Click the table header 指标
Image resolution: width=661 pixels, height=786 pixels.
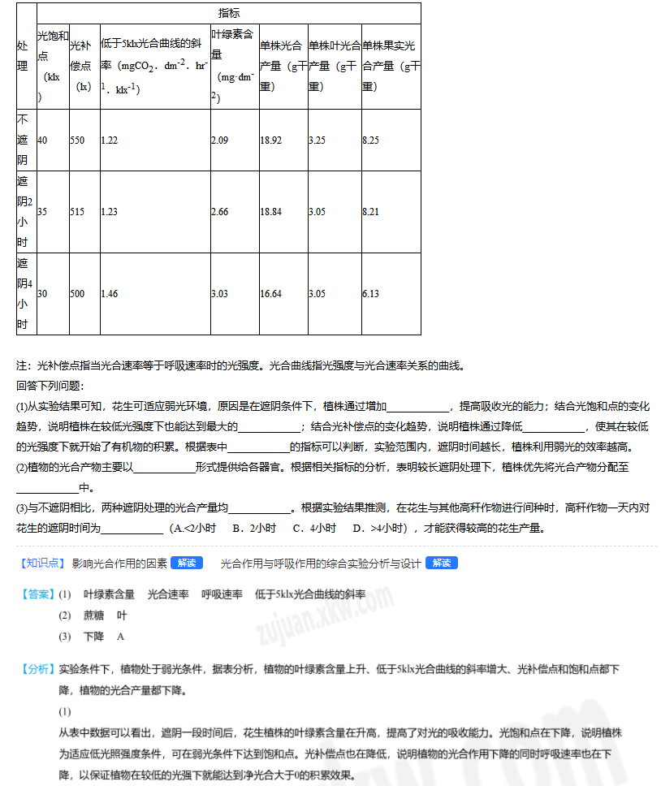point(229,13)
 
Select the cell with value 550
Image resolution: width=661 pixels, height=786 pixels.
point(77,140)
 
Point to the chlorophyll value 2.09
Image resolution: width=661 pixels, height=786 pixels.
point(219,140)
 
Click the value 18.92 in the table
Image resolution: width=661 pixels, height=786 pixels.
point(271,140)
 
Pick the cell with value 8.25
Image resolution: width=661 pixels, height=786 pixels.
point(370,140)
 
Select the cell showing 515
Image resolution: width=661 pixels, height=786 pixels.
point(77,212)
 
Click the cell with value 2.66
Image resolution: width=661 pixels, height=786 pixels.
point(219,212)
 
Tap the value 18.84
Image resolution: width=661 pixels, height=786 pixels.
point(271,212)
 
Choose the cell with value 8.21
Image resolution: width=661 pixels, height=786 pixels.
point(370,212)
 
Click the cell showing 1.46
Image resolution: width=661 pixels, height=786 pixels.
point(110,294)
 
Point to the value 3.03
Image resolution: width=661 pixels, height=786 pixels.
point(219,294)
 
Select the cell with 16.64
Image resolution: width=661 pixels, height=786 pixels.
point(271,294)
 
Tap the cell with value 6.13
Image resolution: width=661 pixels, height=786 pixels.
point(370,294)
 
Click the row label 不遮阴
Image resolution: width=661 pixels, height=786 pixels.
point(23,140)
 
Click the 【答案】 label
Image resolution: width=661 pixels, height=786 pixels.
point(37,594)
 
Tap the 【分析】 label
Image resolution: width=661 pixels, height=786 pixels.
point(37,670)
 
